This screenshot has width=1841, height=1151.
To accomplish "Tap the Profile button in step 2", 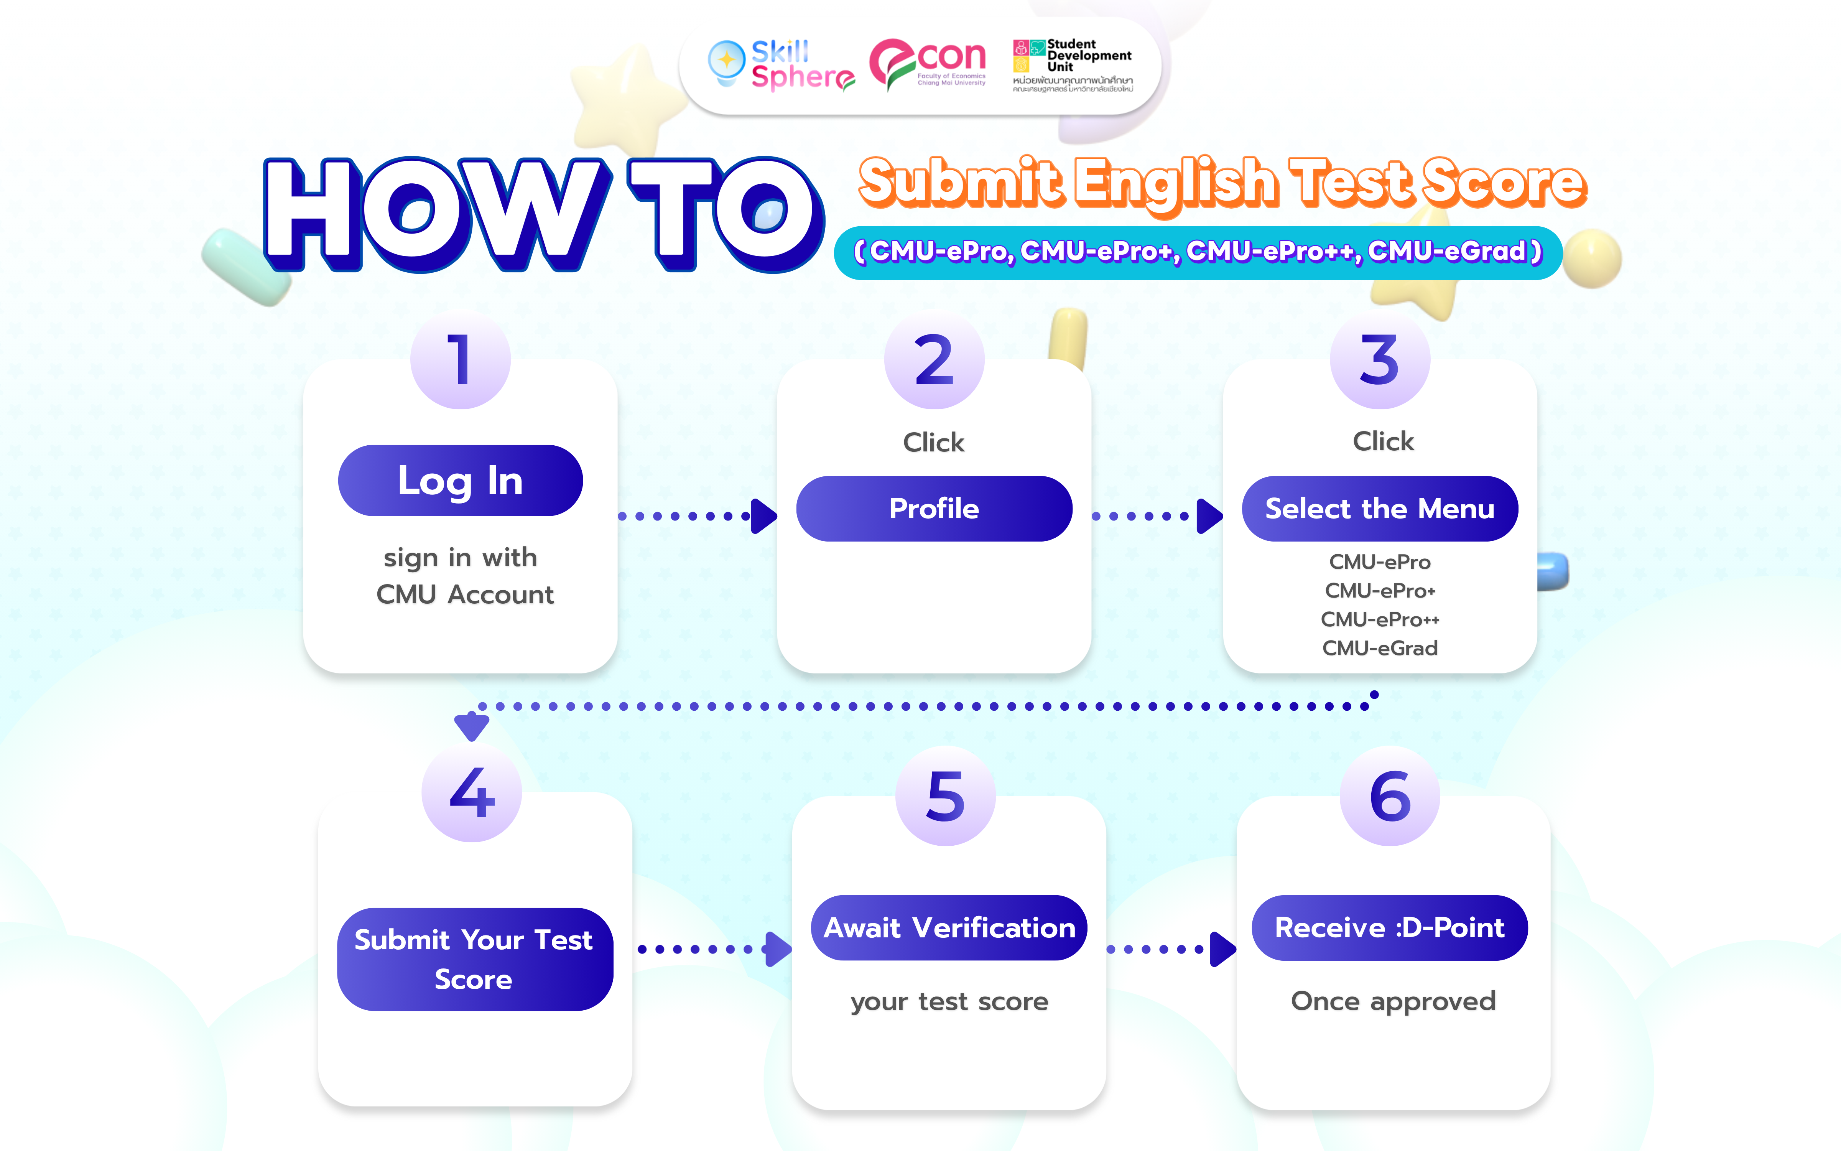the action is [934, 509].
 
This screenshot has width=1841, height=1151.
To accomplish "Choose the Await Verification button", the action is [949, 927].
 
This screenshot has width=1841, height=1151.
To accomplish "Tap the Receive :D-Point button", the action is [1390, 927].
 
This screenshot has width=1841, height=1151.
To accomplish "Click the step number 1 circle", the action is [460, 359].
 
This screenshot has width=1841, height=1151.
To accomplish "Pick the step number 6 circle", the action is [1390, 796].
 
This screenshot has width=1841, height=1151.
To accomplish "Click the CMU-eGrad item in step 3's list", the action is [1380, 648].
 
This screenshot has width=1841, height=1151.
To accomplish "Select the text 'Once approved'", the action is [1393, 1001].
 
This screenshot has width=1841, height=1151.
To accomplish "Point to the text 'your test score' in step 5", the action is [949, 1002].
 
